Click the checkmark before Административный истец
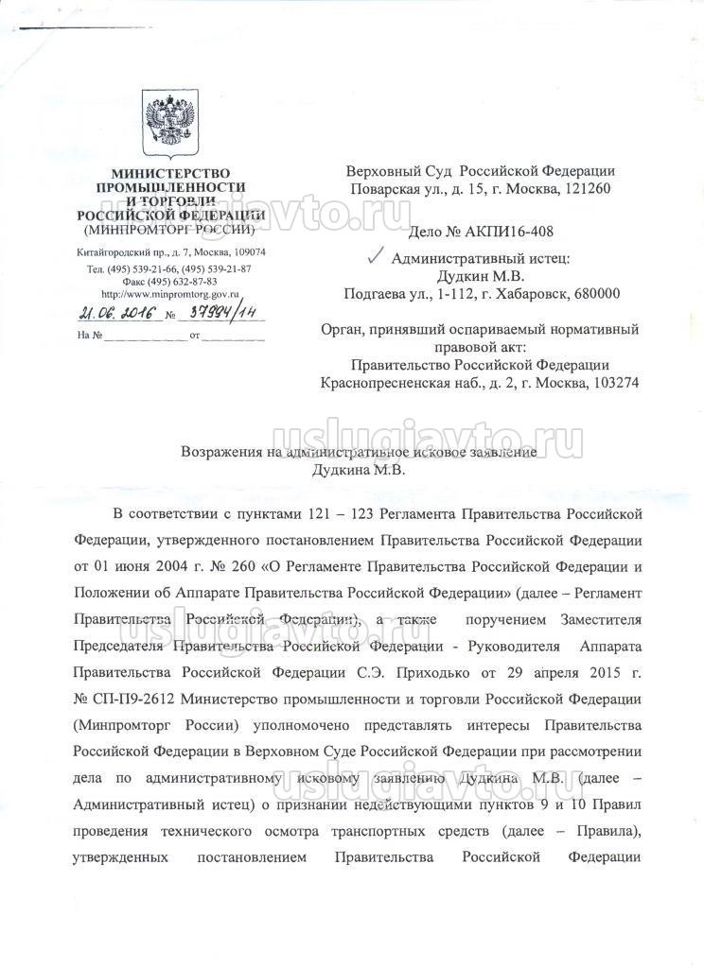coord(375,255)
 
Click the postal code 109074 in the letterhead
coord(241,252)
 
